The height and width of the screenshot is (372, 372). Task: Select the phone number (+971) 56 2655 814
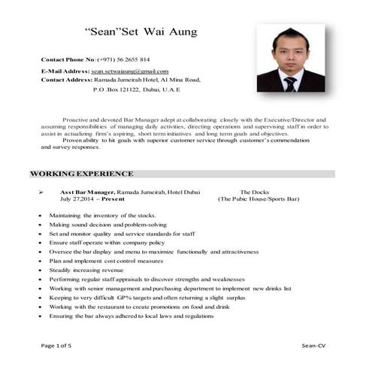click(x=123, y=59)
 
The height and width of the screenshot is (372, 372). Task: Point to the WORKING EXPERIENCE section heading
click(x=82, y=174)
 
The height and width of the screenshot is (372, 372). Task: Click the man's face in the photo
click(x=289, y=52)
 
